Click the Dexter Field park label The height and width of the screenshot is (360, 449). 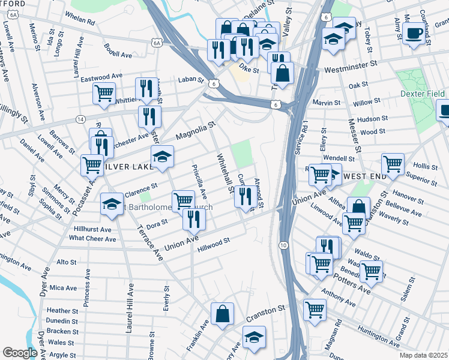[x=423, y=94]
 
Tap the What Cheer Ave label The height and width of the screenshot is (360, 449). [x=92, y=238]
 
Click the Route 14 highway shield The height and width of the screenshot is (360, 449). [x=80, y=119]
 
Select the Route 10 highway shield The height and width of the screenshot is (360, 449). [x=282, y=245]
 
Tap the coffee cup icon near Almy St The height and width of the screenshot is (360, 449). [x=413, y=34]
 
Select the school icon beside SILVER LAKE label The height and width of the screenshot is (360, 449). [x=162, y=157]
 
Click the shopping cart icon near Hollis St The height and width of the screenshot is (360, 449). [x=393, y=164]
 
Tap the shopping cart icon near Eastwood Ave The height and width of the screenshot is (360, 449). [x=104, y=94]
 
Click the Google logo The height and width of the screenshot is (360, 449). [x=20, y=353]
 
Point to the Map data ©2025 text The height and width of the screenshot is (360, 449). [x=423, y=355]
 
